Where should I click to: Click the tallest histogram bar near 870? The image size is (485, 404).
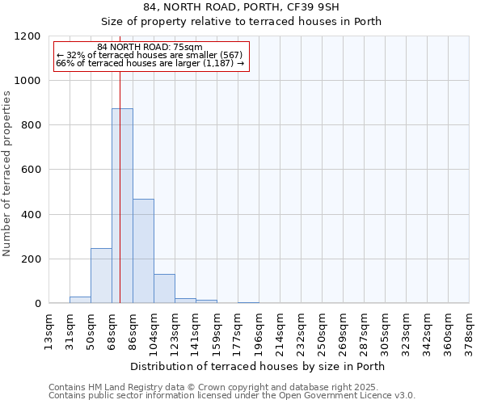click(x=122, y=206)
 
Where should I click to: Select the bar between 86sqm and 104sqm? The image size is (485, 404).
click(x=143, y=250)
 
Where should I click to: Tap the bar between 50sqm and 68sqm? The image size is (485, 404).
click(x=101, y=276)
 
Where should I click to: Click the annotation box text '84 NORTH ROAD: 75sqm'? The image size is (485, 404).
click(x=150, y=48)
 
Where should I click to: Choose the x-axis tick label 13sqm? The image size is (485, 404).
click(x=49, y=330)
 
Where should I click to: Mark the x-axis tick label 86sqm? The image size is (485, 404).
click(x=133, y=330)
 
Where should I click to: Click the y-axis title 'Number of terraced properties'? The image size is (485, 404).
click(x=7, y=174)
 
